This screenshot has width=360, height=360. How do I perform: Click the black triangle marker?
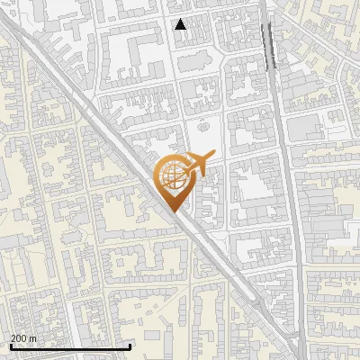tap(181, 24)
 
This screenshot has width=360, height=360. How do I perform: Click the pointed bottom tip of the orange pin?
tap(171, 211)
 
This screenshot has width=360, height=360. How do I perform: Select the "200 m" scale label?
tap(23, 338)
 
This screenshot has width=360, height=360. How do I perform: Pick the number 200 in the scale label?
tap(20, 338)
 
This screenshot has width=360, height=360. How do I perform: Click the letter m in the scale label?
tap(32, 338)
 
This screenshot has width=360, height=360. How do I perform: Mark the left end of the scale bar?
tap(11, 346)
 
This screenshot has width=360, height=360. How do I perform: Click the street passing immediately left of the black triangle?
tap(170, 54)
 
